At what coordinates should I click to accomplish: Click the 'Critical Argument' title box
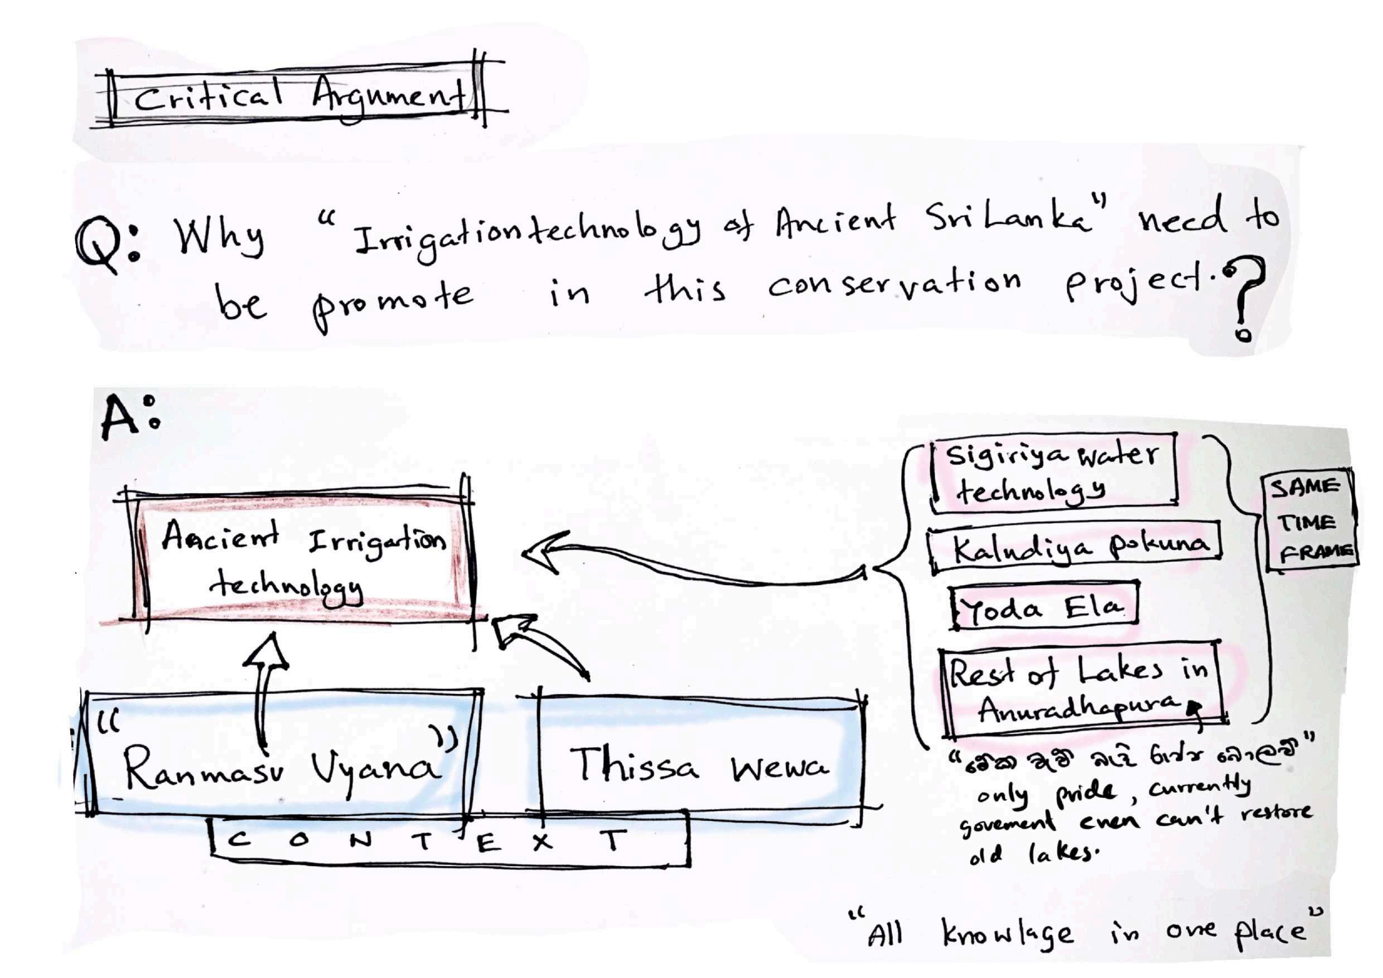(x=298, y=96)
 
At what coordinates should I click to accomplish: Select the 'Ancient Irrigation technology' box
(x=301, y=557)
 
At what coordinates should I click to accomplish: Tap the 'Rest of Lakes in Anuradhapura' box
(x=1081, y=690)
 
